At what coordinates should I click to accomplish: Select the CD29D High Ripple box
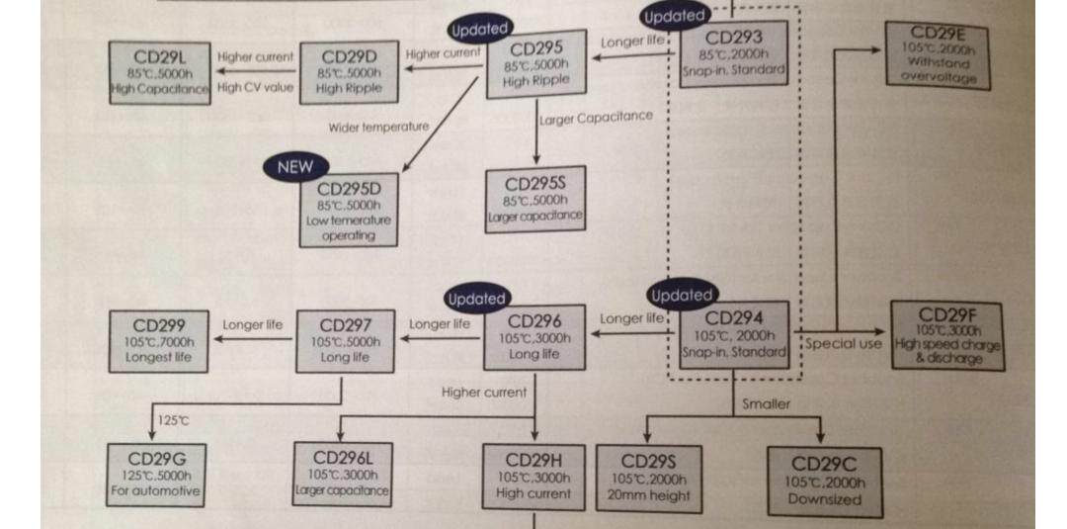(349, 72)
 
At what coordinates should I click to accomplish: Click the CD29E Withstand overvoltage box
(938, 55)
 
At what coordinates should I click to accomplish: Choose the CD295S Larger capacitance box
(534, 199)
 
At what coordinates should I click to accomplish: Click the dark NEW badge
(294, 166)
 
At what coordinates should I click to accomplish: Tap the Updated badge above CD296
(476, 298)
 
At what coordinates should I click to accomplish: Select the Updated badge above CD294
(681, 295)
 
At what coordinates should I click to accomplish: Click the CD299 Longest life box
(159, 340)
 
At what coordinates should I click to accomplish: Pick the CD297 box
(346, 340)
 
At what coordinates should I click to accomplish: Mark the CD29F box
(946, 336)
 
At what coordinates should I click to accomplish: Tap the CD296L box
(342, 473)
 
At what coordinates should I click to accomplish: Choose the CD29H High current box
(533, 477)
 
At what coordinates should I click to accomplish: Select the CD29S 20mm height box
(648, 478)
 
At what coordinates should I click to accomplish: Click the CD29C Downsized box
(823, 480)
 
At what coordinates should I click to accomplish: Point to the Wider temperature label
(378, 127)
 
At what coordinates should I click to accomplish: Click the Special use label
(842, 344)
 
